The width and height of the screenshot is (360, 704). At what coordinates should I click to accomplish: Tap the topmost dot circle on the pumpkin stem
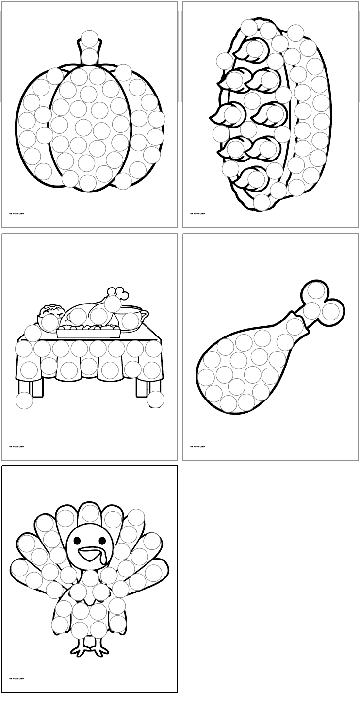pos(90,38)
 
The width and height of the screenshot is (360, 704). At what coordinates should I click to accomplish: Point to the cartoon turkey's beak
pos(89,552)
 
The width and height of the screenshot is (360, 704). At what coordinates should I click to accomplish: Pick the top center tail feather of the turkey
pos(90,512)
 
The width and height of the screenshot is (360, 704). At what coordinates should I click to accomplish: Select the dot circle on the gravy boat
pos(131,320)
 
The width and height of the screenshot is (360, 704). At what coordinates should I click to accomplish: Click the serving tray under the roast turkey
pos(88,333)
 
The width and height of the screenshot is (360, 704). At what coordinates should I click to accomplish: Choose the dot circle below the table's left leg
pos(24,400)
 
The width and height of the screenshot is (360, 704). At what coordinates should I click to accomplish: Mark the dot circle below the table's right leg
pos(156,400)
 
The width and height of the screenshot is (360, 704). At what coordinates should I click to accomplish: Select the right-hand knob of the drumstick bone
pos(331,311)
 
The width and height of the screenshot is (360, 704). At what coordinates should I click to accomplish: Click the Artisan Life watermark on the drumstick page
pos(197,446)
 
